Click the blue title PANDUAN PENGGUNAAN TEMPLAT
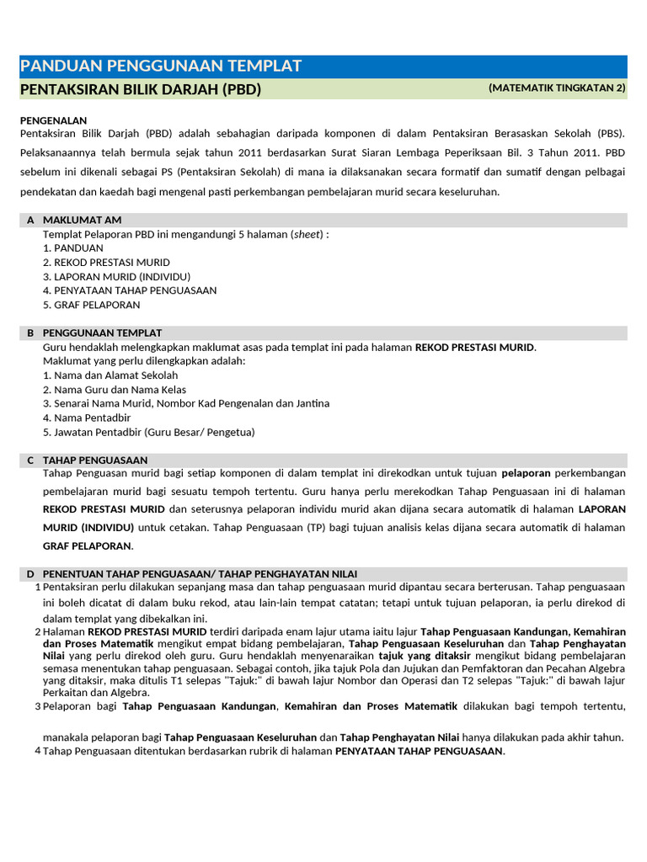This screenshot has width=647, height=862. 160,67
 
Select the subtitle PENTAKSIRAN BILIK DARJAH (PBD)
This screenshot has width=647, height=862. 140,89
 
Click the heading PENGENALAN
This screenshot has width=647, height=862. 53,120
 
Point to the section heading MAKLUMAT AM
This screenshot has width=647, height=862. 82,220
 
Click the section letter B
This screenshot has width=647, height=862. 30,333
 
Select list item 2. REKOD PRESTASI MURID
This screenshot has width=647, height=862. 106,263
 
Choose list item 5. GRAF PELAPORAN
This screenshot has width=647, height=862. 91,305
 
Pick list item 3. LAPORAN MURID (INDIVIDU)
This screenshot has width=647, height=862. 116,276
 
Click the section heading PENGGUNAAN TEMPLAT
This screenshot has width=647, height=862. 102,333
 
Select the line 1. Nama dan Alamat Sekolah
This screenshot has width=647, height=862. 110,375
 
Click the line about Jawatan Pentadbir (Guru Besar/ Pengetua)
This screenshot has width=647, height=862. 148,432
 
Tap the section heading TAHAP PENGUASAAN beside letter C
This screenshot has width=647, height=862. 94,460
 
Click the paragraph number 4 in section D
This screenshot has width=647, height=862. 38,750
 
